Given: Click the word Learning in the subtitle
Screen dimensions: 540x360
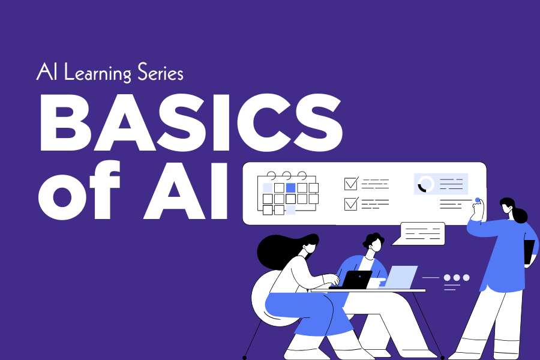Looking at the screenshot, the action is (x=98, y=73).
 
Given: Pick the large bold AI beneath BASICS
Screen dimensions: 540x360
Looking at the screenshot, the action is (x=186, y=191).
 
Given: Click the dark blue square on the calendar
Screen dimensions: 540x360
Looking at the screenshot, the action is (x=290, y=188).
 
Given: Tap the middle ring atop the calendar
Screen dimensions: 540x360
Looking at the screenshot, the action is (x=287, y=176).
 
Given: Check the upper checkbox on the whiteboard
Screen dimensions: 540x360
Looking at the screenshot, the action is (x=351, y=184).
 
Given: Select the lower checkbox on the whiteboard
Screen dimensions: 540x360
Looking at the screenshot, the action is (x=351, y=203).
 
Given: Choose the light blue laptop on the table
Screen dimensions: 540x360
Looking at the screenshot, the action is (x=401, y=277).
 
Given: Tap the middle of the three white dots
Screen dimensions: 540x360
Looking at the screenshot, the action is (x=457, y=278).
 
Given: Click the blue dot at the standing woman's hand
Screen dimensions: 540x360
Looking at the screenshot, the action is (x=478, y=200).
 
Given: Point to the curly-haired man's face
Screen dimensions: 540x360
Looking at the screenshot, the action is (x=376, y=245).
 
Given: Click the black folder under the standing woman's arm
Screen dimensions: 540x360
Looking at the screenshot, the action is (x=529, y=252).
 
